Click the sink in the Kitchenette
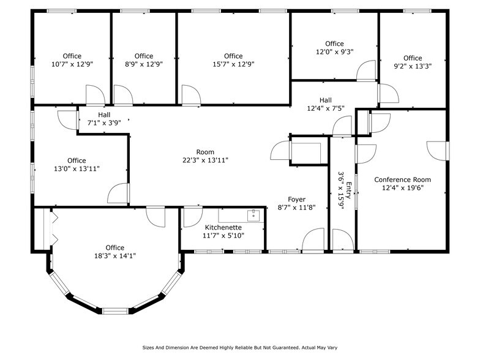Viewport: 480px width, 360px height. (x=252, y=215)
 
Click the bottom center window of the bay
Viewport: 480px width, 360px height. (x=114, y=311)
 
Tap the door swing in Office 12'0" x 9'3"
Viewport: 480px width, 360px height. (x=367, y=70)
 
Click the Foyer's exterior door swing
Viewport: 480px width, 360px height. (x=313, y=239)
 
